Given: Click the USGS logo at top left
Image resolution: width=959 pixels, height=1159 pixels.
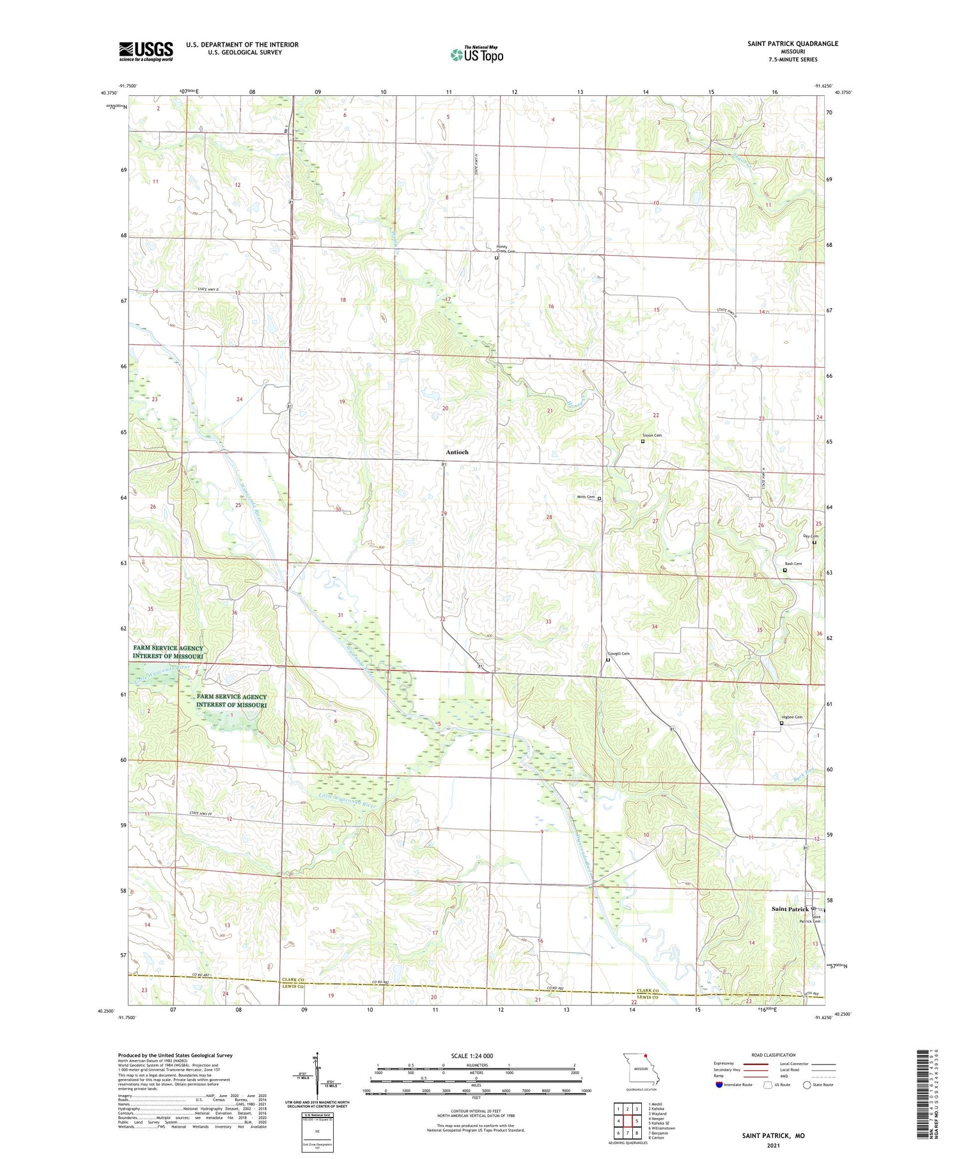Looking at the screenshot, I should pos(146,51).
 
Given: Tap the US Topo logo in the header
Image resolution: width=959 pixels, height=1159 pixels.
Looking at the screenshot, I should pos(477,55).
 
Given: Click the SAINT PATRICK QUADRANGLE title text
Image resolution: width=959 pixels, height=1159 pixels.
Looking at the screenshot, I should pos(792,43).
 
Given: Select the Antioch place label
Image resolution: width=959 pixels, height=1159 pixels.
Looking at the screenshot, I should pos(457,452).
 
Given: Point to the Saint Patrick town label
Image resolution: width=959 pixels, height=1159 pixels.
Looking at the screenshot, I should pos(790,909).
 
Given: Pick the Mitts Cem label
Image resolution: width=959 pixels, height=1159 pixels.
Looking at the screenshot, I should pos(586,497).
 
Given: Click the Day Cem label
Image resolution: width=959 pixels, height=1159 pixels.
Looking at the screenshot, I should pos(810,536).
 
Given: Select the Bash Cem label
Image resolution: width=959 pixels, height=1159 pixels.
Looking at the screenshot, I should pos(793,564).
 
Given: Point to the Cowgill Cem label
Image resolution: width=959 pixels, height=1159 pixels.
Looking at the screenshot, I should pos(618,653).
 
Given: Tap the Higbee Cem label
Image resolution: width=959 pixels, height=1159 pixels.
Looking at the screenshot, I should pos(791,717).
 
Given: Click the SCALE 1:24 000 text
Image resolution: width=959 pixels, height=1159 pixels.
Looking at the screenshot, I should pos(472,1055).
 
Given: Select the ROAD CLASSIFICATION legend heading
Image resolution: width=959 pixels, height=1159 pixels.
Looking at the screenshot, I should pos(774,1055).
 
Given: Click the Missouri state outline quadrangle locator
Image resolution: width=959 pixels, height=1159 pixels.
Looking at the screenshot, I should pos(637,1070).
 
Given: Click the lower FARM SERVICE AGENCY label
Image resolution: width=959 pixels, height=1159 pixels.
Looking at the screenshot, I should pos(231,701).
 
